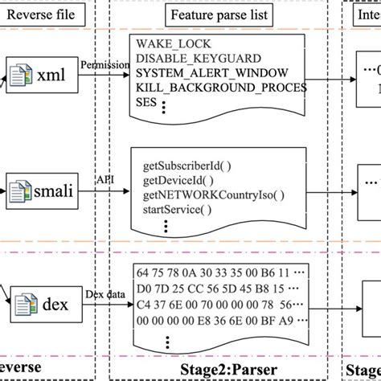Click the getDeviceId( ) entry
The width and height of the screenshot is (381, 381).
pyautogui.click(x=176, y=179)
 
